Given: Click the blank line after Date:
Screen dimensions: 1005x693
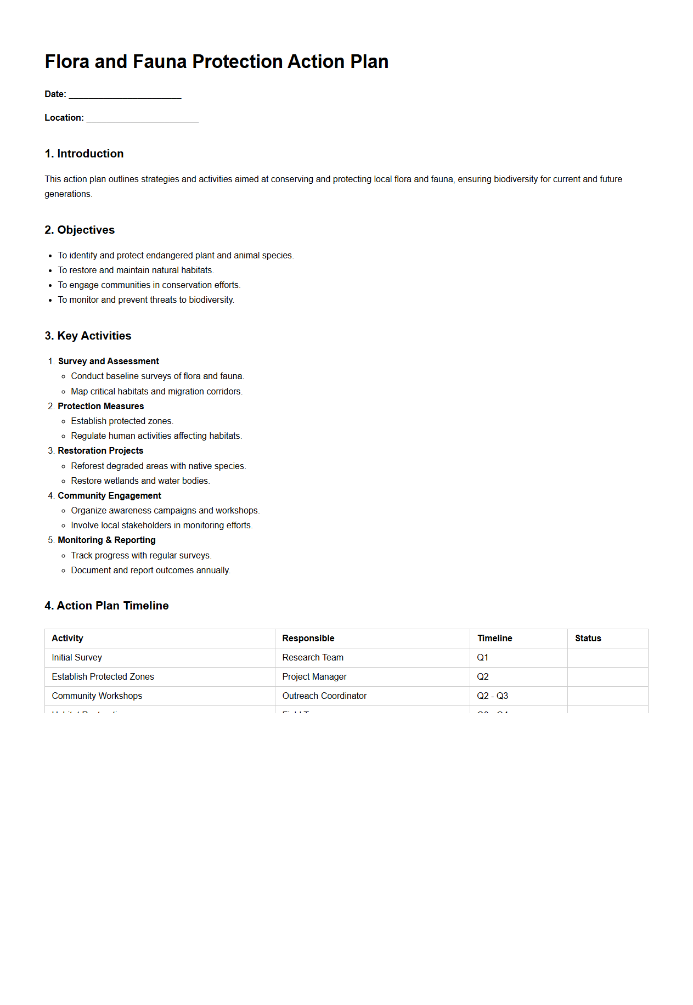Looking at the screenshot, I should point(125,95).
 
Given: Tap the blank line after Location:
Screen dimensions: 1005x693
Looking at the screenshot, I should point(143,118).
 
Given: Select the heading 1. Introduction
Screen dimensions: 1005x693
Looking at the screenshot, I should point(84,154).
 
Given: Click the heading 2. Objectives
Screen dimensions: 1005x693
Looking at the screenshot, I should point(80,230).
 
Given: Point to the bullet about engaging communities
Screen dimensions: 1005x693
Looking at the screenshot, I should point(149,285).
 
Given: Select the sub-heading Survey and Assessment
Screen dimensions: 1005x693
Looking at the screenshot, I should point(109,362).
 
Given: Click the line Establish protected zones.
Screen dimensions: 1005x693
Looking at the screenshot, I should point(122,421).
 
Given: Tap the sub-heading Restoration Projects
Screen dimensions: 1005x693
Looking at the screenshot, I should point(100,451).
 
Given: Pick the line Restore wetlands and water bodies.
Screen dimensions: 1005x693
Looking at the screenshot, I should point(140,481).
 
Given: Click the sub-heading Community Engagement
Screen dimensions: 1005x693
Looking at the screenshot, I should point(109,496).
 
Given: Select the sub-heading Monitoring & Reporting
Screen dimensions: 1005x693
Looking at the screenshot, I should point(106,540).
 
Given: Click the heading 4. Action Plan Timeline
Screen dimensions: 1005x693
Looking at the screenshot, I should point(106,606).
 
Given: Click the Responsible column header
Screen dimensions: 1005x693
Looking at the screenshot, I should point(308,639).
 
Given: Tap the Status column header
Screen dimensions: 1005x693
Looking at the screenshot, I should point(588,639).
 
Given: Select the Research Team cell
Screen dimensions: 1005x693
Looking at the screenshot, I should point(313,658).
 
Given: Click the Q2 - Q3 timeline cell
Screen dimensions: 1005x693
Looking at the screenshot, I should point(492,696).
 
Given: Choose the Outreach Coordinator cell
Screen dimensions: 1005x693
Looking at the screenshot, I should point(324,696).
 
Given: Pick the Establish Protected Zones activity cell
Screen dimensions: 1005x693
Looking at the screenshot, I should point(103,677).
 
